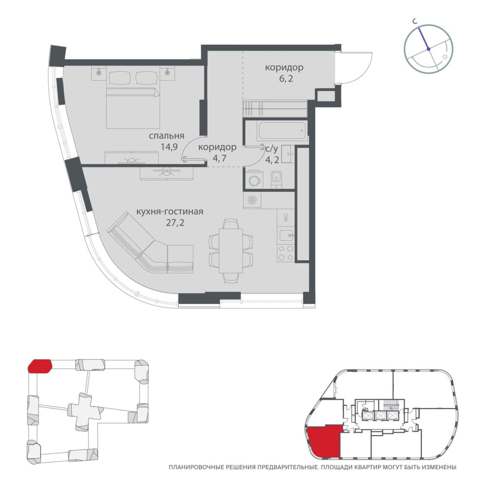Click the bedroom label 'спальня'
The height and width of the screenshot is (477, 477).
(166, 136)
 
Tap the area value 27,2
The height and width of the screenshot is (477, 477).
(175, 223)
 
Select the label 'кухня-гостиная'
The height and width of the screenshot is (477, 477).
(170, 212)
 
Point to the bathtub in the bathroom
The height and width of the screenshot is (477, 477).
(282, 131)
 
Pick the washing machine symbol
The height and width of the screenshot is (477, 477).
(253, 180)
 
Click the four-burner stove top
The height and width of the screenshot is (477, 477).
(285, 253)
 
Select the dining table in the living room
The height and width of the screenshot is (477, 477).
(231, 251)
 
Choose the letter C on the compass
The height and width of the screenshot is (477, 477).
(415, 22)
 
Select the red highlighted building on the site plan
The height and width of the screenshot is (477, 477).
(40, 366)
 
